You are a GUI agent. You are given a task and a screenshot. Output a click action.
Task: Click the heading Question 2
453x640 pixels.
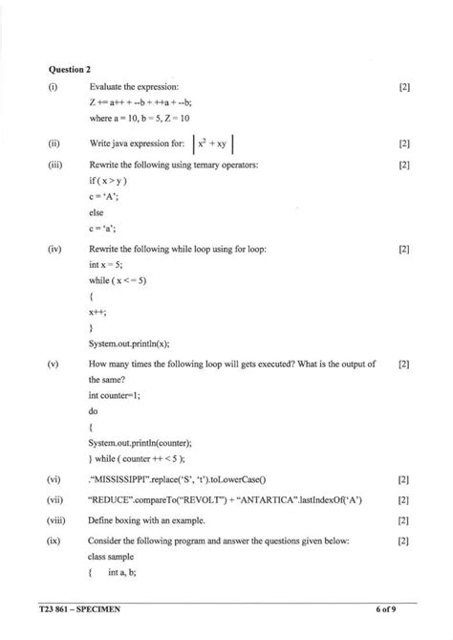[70, 69]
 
